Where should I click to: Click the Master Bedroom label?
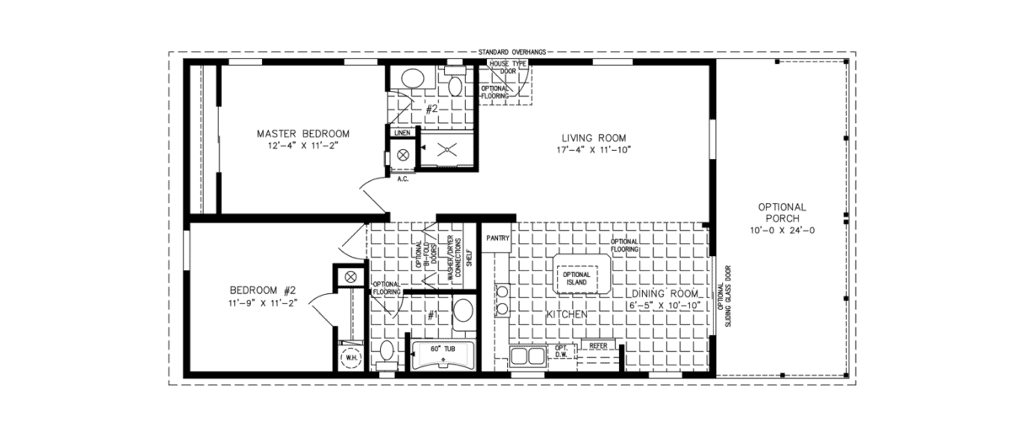302,133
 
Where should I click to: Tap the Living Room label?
594,137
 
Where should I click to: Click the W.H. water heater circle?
347,357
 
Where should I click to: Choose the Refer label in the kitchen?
598,344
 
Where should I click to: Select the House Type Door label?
509,67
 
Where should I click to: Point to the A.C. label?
402,178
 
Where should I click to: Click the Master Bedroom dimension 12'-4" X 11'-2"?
302,146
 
